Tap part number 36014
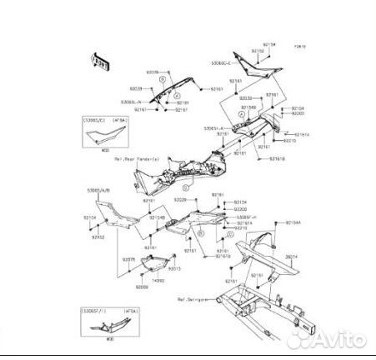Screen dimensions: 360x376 pos(289,257)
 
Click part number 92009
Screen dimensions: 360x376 pos(143,287)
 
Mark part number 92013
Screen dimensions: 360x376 pos(174,268)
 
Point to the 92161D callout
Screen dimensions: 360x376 pos(223,257)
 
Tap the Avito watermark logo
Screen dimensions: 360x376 pos(330,339)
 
